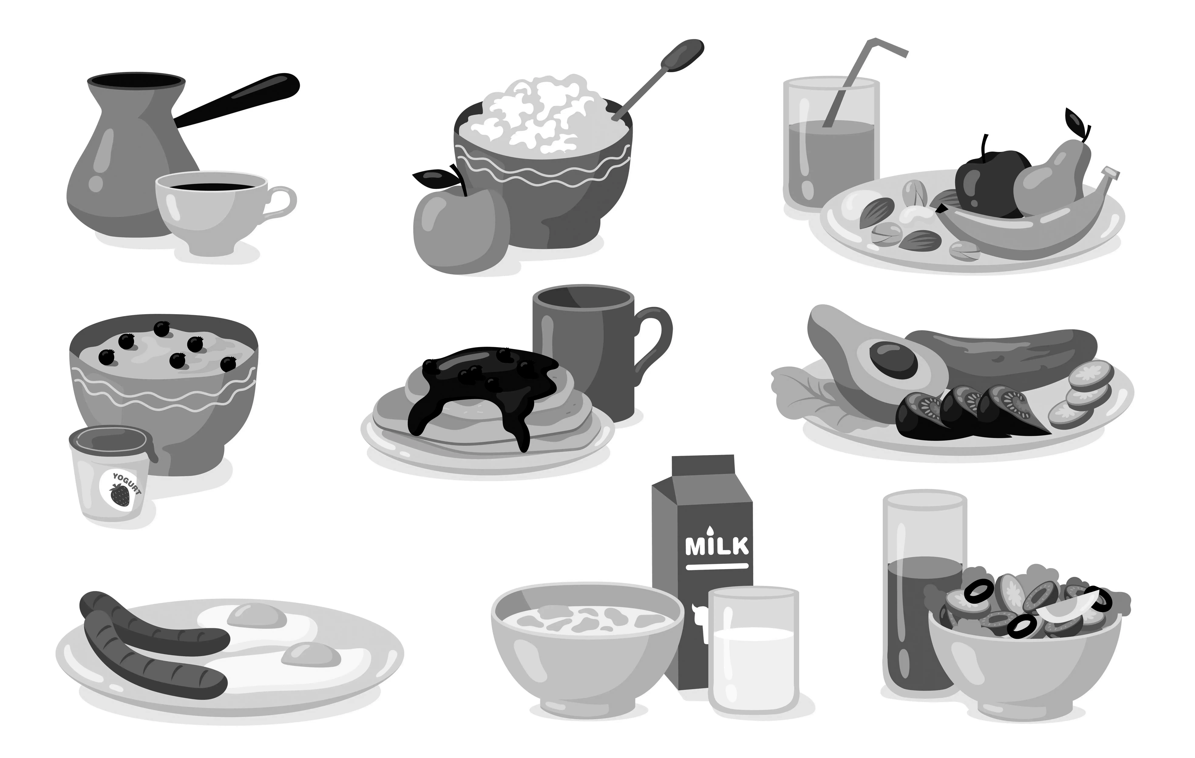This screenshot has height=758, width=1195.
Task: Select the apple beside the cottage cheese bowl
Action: click(x=459, y=228)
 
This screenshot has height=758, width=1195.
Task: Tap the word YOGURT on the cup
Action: click(x=127, y=483)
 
